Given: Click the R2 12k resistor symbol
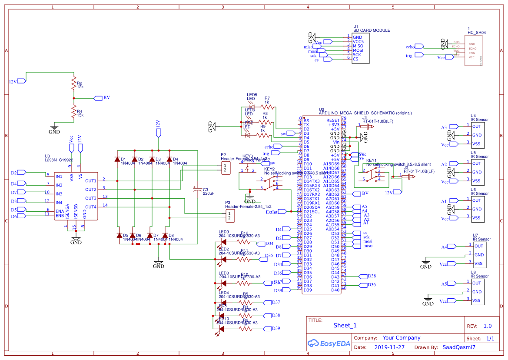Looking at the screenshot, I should pos(73,85).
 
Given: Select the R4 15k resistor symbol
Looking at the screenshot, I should pos(73,113).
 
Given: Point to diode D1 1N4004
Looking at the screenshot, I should pos(117,159).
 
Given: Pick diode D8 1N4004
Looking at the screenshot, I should pos(166,235).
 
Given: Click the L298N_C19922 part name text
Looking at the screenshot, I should pos(59,160).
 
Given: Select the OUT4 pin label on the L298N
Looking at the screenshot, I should pos(90,207).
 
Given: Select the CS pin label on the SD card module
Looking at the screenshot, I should pos(355,59).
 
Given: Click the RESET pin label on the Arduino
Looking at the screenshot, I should pos(333,120).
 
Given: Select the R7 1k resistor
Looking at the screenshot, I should pos(268,107).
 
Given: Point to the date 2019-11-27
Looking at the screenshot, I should pos(389,347).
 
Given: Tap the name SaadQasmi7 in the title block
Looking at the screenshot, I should pos(458,347).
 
